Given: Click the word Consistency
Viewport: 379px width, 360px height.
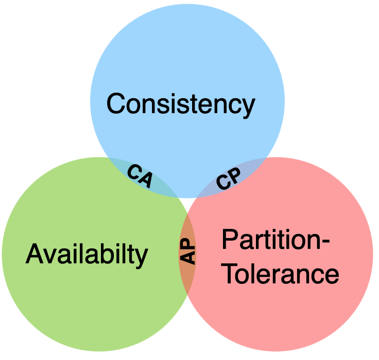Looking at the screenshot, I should (x=180, y=104).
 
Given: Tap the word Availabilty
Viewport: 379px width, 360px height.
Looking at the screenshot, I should (x=87, y=254).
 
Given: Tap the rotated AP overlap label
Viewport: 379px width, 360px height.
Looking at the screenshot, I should (x=188, y=250).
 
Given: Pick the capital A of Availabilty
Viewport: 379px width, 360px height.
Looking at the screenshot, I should (x=34, y=254).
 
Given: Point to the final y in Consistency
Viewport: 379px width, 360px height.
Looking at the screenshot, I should (x=248, y=107).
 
